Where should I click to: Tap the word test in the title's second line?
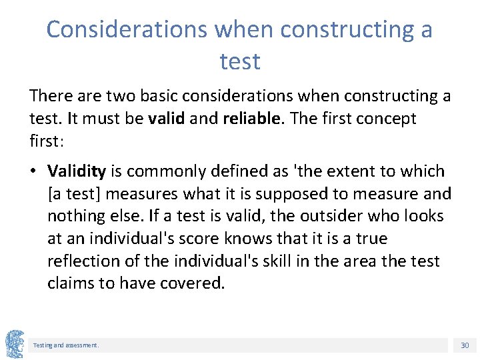pos(240,62)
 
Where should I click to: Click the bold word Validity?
pos(77,171)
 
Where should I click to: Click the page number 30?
pos(465,345)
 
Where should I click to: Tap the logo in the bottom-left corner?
pos(15,344)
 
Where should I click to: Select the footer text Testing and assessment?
pos(66,345)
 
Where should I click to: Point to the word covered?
pos(191,283)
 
